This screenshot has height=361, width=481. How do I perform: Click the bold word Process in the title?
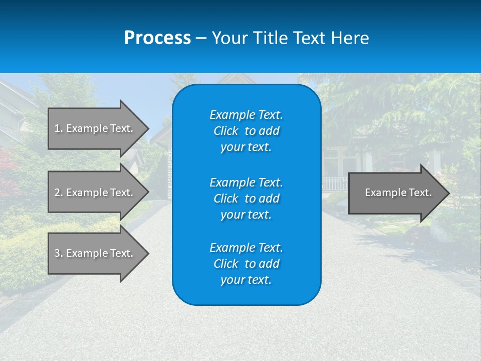click(157, 38)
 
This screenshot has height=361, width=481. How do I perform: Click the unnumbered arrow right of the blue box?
click(396, 193)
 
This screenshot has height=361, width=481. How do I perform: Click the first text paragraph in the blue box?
click(246, 131)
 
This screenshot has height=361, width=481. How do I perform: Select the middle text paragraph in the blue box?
click(246, 199)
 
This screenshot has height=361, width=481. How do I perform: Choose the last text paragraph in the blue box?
click(246, 264)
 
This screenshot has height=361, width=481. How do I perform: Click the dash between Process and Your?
click(201, 39)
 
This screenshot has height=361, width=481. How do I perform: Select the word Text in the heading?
click(309, 38)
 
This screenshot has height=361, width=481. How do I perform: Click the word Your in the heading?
click(229, 38)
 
